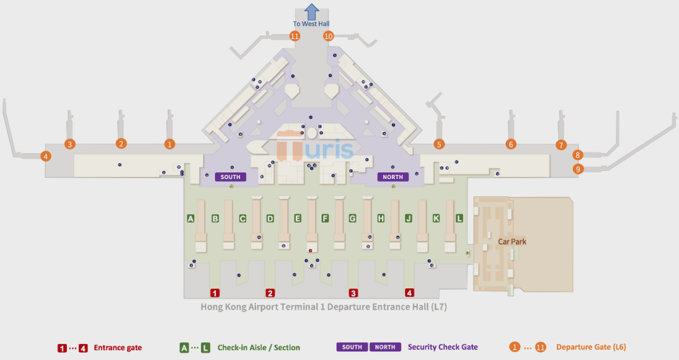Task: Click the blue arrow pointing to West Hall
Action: (312, 12)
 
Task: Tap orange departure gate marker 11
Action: (295, 36)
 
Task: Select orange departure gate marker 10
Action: (328, 36)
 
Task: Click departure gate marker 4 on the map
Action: (46, 156)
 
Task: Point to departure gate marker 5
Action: (439, 145)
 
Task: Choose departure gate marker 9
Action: (578, 168)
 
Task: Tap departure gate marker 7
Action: (561, 145)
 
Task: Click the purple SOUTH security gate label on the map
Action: (230, 177)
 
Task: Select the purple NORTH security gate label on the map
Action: (393, 177)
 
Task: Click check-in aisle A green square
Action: (190, 218)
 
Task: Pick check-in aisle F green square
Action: (325, 218)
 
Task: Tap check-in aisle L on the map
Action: (460, 218)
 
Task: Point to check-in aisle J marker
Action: (408, 218)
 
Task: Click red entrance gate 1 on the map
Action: (215, 293)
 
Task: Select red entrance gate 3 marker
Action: (353, 293)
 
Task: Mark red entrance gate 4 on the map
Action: (409, 293)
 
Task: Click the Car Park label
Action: (512, 242)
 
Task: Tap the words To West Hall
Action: (311, 24)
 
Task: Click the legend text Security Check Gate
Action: (442, 347)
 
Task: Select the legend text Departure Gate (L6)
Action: (591, 347)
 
